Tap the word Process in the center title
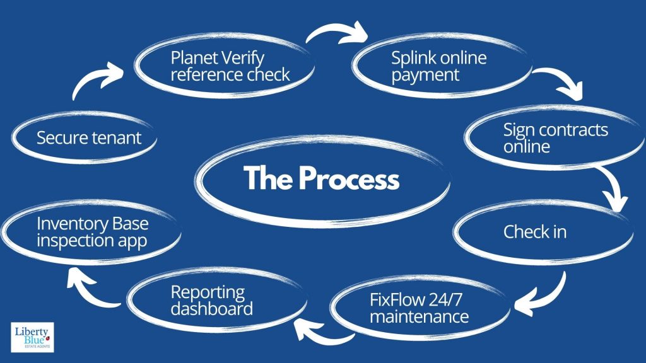pyautogui.click(x=349, y=179)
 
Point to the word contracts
pyautogui.click(x=571, y=130)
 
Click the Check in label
pyautogui.click(x=534, y=232)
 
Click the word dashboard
pyautogui.click(x=212, y=309)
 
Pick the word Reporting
pyautogui.click(x=208, y=292)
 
